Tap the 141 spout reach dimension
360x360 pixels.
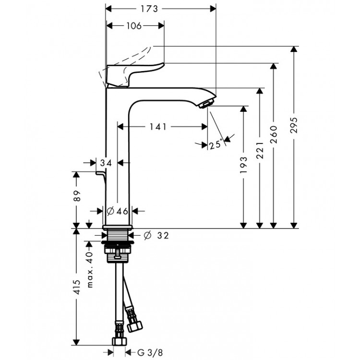pos(158,127)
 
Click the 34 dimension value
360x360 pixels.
pos(106,163)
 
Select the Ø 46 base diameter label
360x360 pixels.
pos(118,211)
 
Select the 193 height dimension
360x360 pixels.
pos(244,164)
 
